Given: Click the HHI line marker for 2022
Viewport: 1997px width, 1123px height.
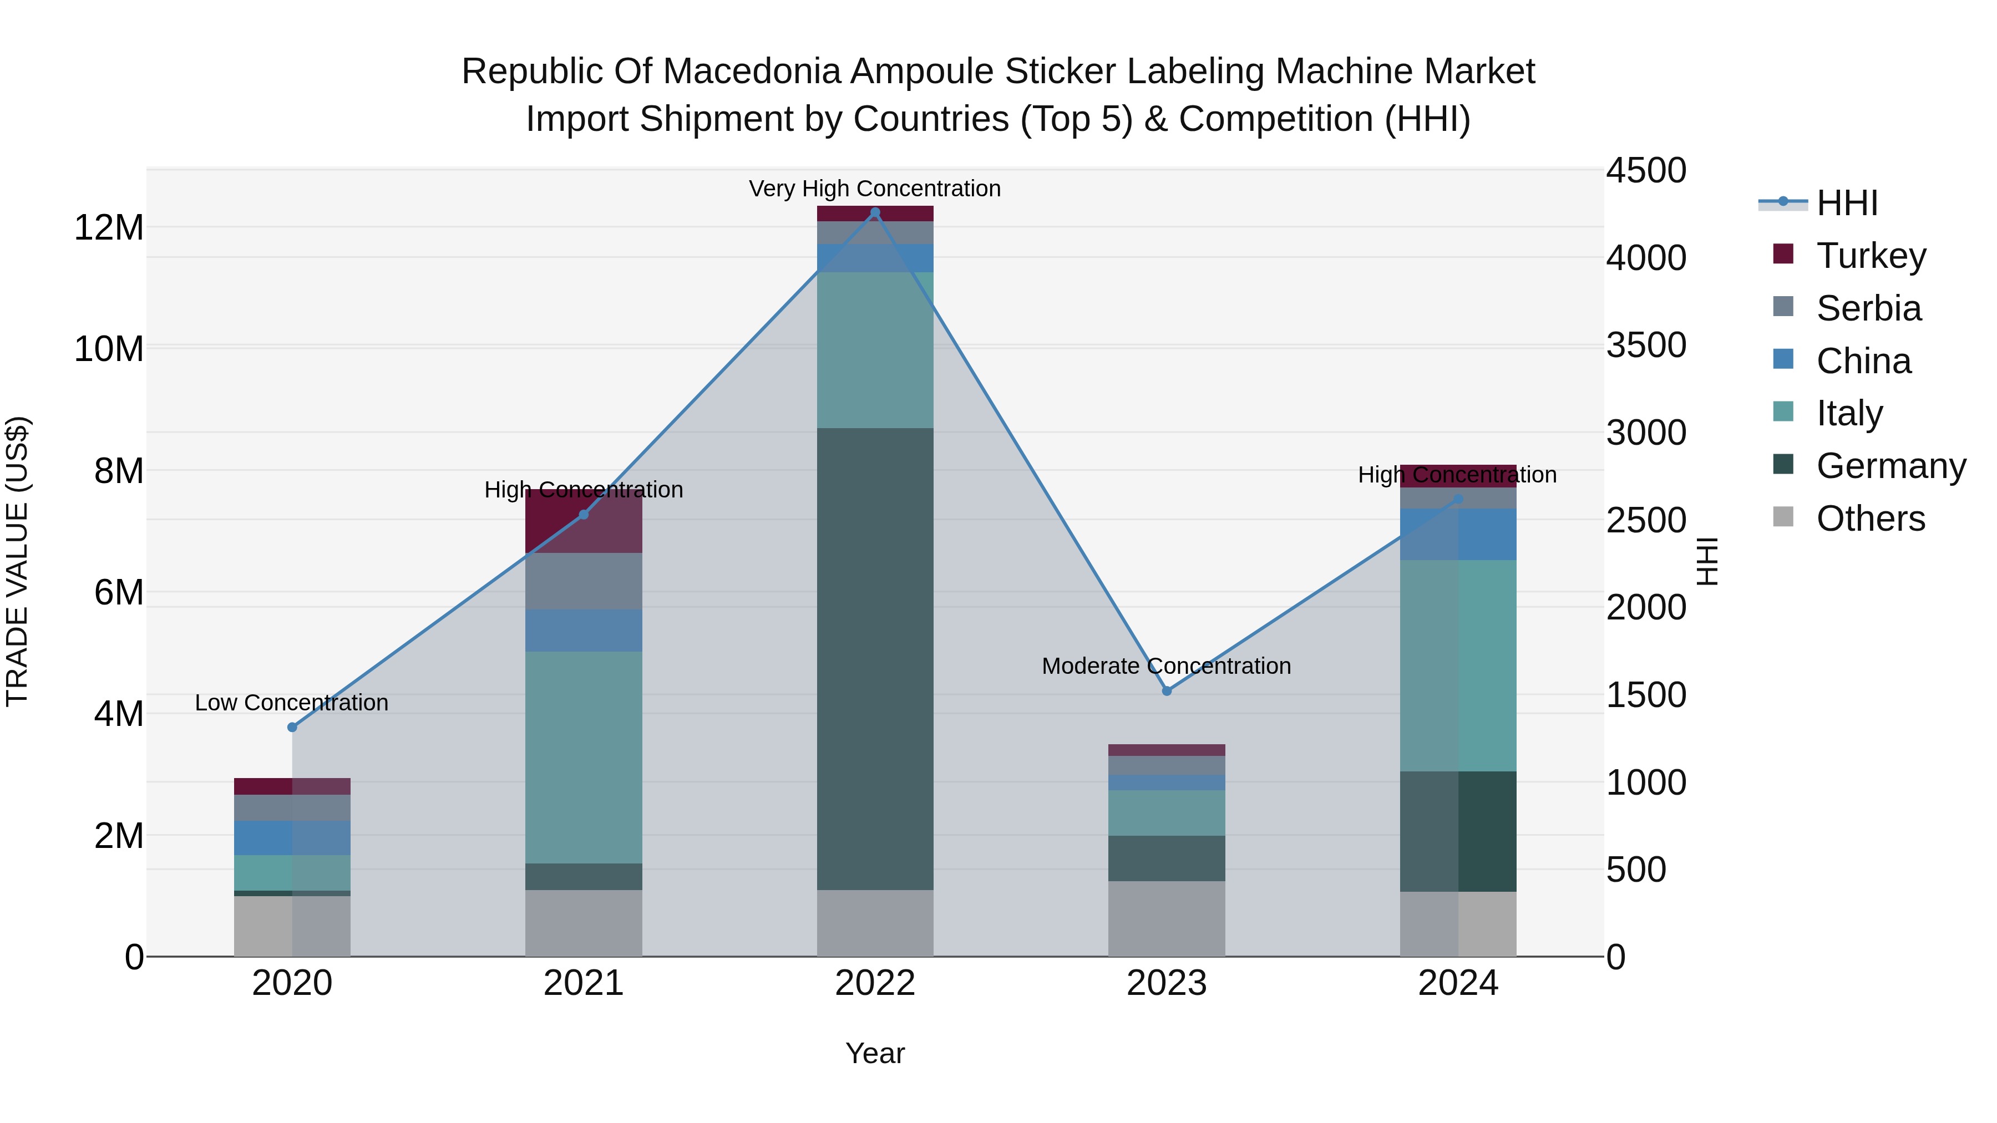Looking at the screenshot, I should tap(875, 212).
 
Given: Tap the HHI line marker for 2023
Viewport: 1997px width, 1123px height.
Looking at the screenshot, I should tap(1167, 690).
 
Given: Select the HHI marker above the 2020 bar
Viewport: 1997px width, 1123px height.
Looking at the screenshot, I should tap(292, 727).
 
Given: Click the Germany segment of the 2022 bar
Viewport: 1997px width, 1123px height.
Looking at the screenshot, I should tap(875, 659).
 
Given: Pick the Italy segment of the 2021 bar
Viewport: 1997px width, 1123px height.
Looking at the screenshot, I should tap(584, 757).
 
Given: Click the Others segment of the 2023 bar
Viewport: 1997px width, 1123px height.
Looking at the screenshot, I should tap(1167, 918).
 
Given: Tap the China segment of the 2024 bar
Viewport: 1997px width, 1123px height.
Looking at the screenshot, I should tap(1458, 534).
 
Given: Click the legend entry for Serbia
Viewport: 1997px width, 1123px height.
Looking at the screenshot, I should tap(1868, 308).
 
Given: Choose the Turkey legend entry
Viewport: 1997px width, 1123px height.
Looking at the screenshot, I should tap(1871, 256).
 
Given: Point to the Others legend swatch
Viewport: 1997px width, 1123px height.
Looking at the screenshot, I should tap(1783, 517).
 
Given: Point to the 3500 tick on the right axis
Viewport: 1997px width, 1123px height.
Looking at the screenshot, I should tap(1645, 345).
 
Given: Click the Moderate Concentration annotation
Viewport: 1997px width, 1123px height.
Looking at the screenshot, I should tap(1166, 665).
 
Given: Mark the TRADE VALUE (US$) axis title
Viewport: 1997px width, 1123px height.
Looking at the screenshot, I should tap(17, 561).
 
